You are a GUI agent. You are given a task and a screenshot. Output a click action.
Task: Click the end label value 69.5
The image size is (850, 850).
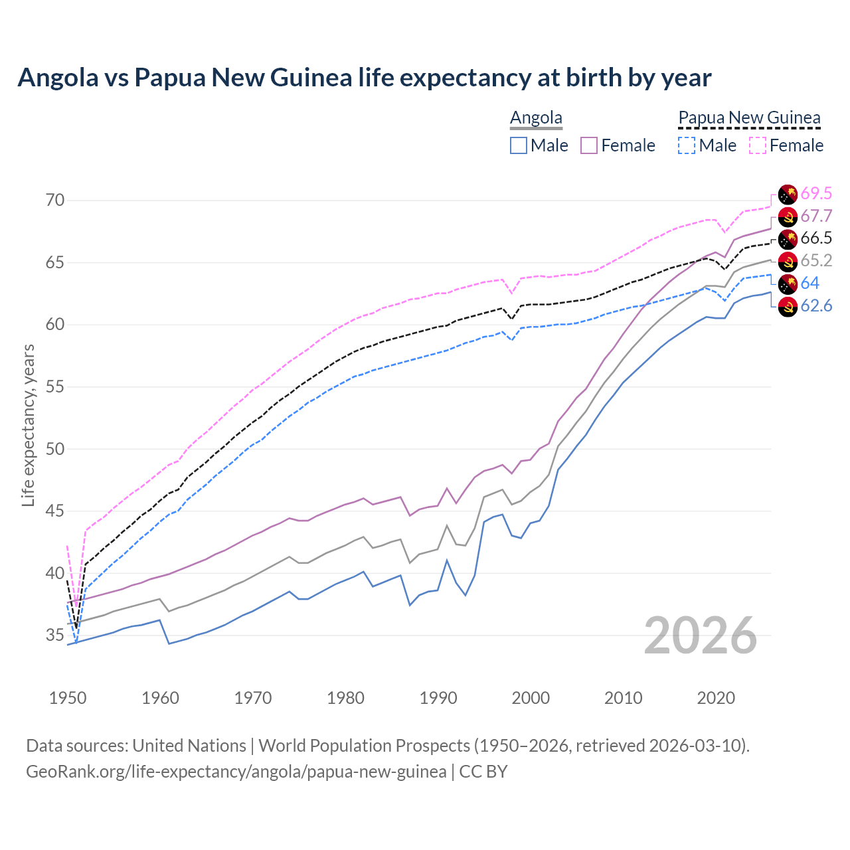coord(816,193)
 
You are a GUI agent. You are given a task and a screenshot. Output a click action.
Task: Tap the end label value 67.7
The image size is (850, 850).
coord(816,216)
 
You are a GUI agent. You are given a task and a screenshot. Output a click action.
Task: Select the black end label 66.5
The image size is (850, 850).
coord(816,238)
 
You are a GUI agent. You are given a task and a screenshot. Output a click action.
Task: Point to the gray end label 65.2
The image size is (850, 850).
coord(816,261)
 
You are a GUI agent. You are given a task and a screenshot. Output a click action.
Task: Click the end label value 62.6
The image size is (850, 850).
coord(816,306)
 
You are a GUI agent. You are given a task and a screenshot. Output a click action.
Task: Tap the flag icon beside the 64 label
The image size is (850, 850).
coord(788,284)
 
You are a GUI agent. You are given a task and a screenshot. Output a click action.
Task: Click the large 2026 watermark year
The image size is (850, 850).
coord(701,636)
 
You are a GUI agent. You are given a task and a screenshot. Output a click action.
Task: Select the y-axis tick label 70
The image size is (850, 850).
coord(54,200)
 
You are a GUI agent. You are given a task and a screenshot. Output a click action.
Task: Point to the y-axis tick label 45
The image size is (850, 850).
coord(54,511)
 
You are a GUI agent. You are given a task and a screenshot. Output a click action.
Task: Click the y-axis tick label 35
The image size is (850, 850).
coord(54,635)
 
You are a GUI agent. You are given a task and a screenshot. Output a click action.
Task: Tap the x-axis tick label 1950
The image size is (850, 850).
coord(68,698)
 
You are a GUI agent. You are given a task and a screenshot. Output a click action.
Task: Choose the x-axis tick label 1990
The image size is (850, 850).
coord(438,698)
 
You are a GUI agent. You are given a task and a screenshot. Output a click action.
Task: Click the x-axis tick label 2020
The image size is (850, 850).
coord(716,698)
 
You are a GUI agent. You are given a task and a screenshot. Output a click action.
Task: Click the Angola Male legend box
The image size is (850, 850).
coord(519,145)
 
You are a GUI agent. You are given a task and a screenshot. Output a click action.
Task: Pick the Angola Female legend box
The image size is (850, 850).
coord(589,145)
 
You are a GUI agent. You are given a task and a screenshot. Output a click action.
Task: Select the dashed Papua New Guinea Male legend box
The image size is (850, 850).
coord(687,145)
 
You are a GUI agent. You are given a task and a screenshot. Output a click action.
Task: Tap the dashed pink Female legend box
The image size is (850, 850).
coord(758,145)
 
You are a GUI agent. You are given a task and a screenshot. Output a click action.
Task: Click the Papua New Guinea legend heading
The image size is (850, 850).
coord(749,118)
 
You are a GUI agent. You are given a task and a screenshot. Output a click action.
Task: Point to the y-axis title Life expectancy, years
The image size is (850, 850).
coord(29,425)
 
